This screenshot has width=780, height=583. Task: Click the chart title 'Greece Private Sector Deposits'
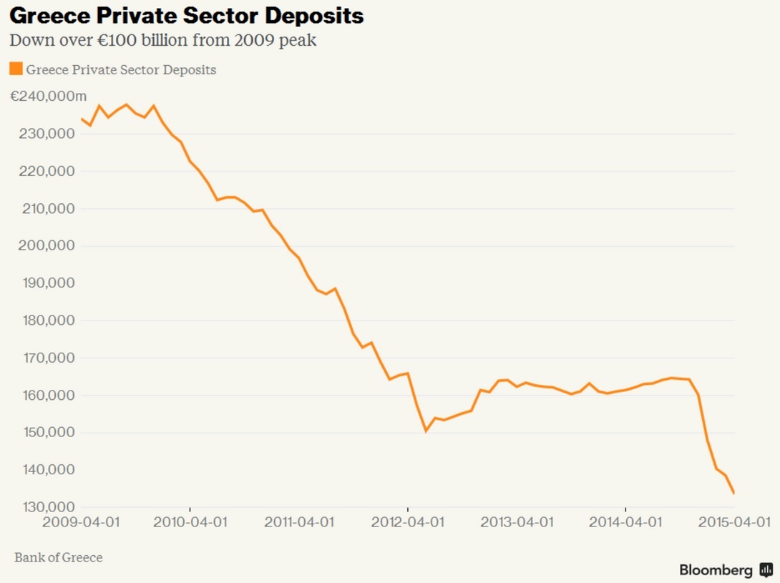tap(186, 16)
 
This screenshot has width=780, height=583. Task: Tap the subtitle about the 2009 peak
tap(162, 40)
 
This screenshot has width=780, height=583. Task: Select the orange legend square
tap(15, 69)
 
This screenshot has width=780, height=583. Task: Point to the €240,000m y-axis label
tap(49, 97)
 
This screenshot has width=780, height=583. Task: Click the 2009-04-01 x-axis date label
tap(81, 522)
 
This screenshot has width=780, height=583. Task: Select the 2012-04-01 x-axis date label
tap(407, 522)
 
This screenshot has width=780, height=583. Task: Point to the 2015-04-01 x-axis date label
tap(734, 522)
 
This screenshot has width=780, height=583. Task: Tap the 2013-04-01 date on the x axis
tap(516, 522)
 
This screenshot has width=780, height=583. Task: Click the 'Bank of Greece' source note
tap(59, 557)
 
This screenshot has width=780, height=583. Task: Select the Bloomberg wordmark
tap(716, 570)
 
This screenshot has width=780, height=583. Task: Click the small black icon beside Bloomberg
tap(766, 570)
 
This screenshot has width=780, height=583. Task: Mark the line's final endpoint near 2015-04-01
tap(733, 493)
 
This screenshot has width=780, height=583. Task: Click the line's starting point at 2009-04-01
tap(81, 119)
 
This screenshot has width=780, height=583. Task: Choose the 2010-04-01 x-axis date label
tap(190, 522)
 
